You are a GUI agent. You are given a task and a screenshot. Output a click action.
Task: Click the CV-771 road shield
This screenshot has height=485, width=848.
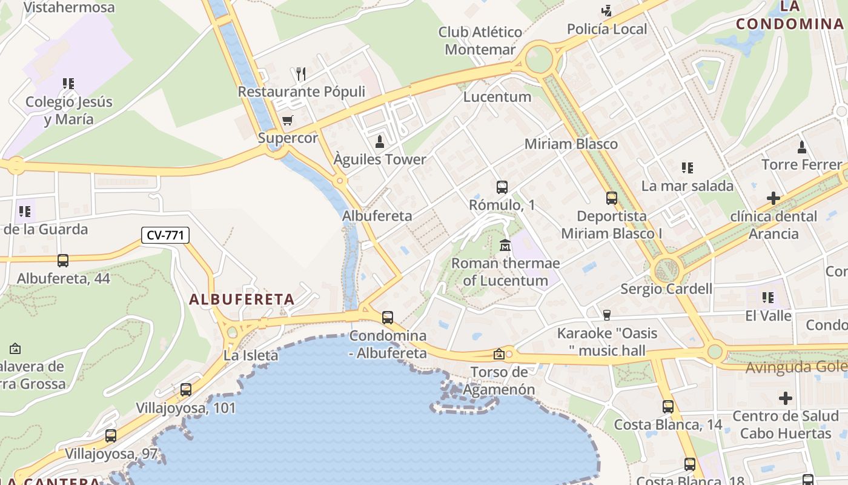tap(165, 235)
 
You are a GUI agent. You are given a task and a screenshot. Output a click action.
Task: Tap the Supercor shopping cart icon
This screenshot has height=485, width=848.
tap(288, 121)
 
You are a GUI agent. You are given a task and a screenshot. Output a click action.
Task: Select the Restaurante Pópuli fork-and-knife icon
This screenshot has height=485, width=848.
tap(301, 74)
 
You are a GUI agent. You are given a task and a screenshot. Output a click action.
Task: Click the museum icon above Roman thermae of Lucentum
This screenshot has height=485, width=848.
tap(505, 246)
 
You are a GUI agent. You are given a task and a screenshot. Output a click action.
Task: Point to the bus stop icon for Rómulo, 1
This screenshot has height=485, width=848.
tap(502, 187)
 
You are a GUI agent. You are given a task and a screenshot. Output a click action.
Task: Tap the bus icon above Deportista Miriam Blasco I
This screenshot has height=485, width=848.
tap(612, 198)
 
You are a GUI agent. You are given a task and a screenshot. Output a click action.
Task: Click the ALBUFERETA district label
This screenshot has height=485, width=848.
tap(242, 299)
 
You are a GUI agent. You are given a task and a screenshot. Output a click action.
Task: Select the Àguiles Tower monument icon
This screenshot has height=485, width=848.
tap(380, 142)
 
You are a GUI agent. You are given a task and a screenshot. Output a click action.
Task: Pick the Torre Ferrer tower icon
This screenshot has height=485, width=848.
tap(802, 147)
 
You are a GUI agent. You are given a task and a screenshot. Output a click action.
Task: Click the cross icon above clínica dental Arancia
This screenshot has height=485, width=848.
tap(773, 198)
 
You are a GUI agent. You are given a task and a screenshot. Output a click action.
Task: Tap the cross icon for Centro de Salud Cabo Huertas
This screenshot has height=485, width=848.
tap(786, 398)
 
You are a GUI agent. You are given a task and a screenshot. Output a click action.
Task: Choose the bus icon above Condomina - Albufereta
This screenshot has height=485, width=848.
tap(388, 317)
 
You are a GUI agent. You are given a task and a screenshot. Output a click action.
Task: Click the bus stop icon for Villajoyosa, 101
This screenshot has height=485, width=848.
tap(186, 390)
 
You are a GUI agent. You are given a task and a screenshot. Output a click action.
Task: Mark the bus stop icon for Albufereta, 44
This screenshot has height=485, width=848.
tap(63, 261)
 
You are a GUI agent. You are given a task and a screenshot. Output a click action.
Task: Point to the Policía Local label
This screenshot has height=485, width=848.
tap(607, 29)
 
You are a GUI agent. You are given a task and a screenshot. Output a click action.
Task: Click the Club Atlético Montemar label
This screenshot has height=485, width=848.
tap(480, 41)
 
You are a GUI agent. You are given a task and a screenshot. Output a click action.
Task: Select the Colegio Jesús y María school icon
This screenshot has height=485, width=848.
tap(68, 84)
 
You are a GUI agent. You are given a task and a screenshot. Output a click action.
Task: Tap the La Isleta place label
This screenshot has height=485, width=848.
tap(251, 355)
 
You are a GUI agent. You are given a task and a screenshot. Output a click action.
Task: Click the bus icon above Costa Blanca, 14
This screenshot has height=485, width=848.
tap(668, 407)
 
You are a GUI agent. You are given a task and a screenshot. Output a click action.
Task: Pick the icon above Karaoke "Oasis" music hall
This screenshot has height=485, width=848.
tap(607, 315)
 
